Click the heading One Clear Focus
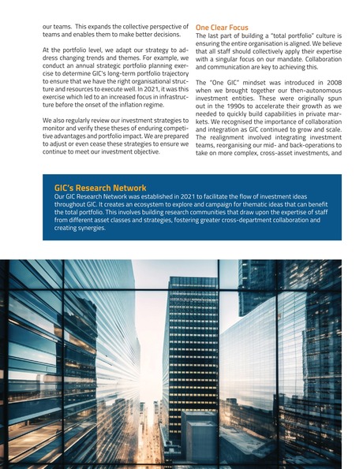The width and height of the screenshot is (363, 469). pos(222,28)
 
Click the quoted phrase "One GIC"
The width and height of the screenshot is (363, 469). pos(229,82)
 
